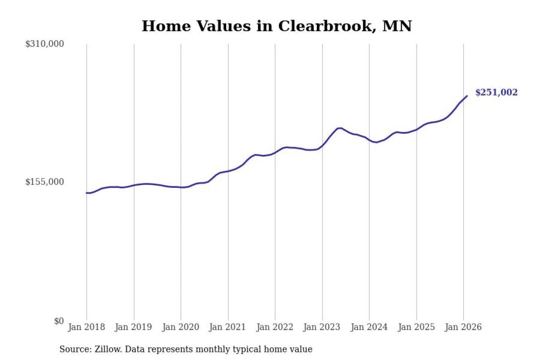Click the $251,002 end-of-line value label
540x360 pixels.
496,93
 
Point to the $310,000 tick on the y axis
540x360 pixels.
44,44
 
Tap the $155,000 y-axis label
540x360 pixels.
44,182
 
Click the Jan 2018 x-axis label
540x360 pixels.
86,328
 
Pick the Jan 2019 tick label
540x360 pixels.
134,328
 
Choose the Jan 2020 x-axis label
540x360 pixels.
181,328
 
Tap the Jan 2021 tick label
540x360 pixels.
228,328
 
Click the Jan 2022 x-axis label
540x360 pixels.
275,328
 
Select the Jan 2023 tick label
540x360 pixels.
322,328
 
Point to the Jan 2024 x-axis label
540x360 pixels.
369,328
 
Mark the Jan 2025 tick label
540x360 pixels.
416,328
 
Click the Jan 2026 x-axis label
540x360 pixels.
463,328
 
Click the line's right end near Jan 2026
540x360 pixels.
467,96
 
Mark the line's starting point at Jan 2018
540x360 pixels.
86,193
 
